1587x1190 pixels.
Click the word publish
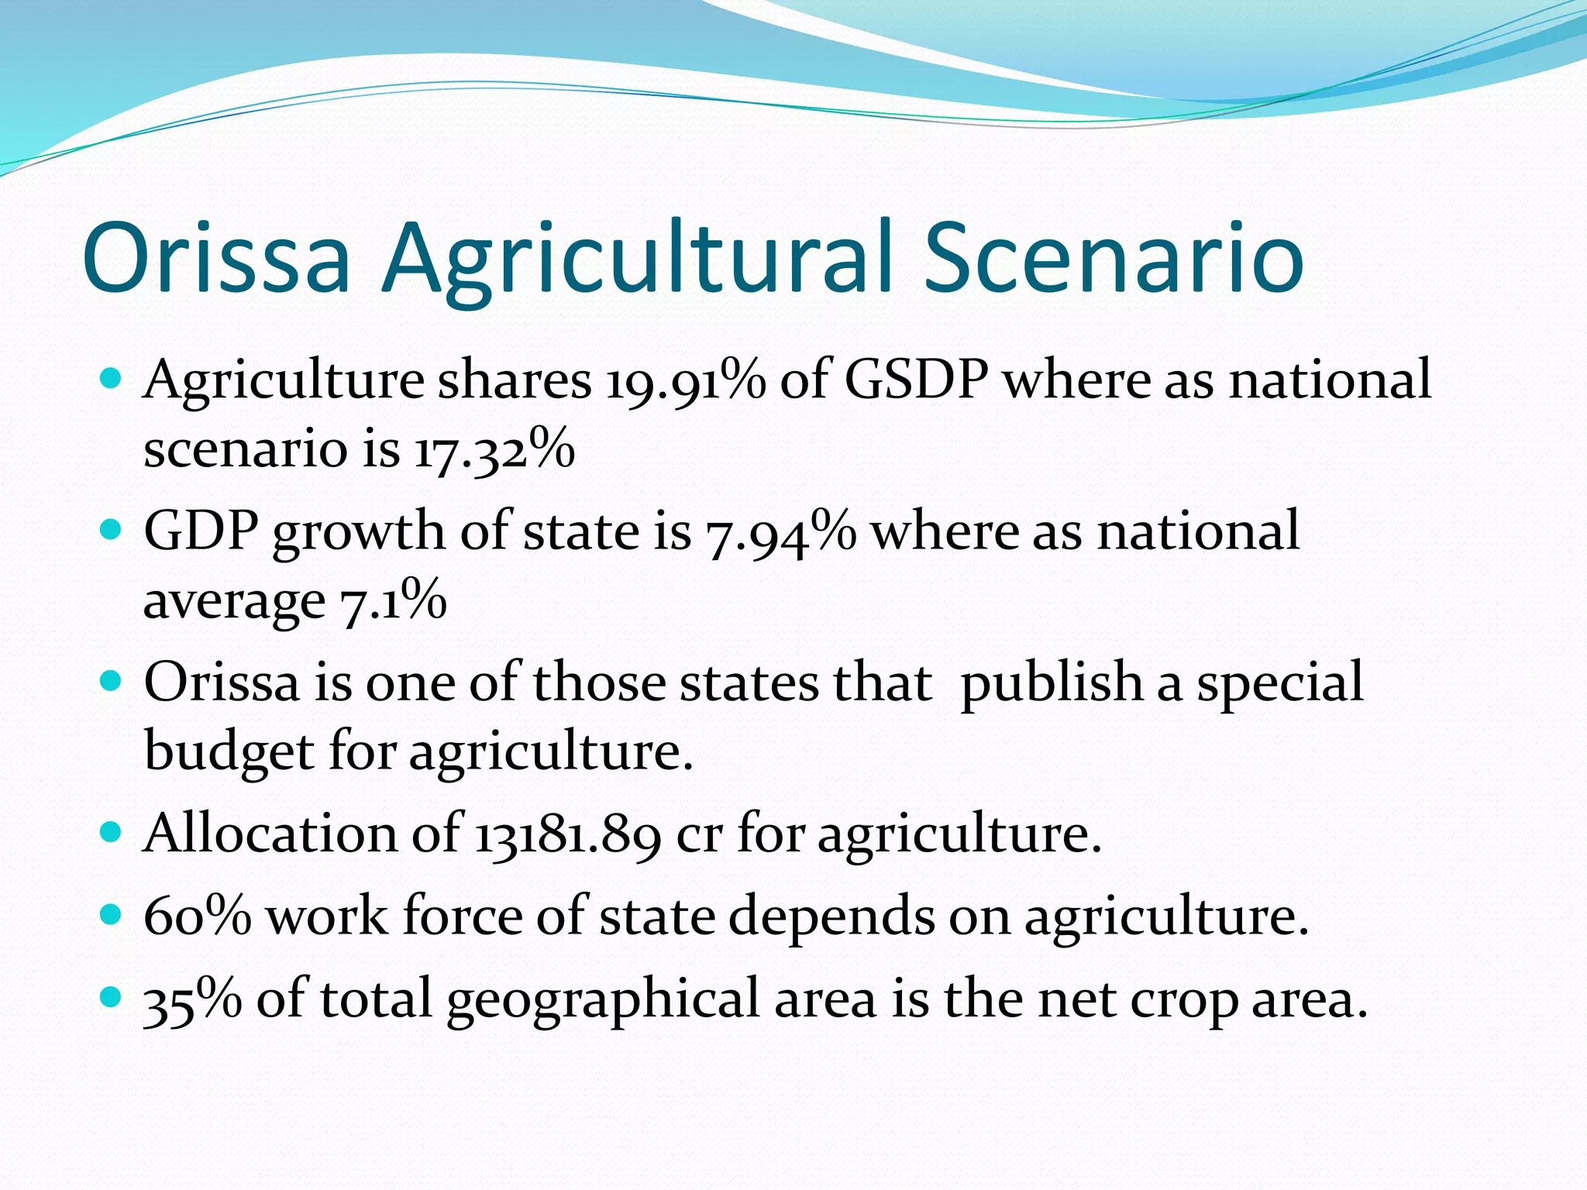pos(1051,684)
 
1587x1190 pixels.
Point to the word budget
pos(229,751)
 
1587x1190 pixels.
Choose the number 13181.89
pos(567,835)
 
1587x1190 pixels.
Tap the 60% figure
pos(198,917)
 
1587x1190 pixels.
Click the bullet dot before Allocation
pos(112,833)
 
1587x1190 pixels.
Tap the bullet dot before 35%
pos(112,996)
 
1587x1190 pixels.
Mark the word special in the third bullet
pos(1279,684)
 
